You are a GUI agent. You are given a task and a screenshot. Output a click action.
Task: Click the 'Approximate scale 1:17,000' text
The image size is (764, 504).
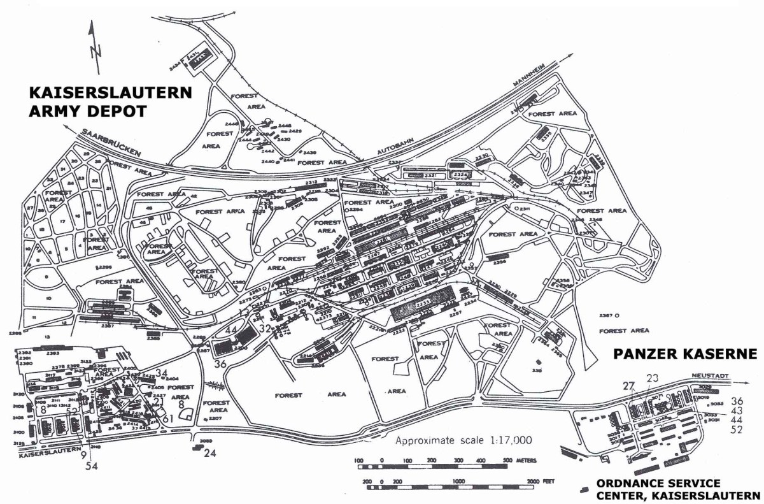(462, 440)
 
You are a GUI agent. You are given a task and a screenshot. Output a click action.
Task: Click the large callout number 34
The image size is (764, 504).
(162, 373)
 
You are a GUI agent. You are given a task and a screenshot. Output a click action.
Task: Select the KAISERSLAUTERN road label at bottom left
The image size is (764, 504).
(44, 456)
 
